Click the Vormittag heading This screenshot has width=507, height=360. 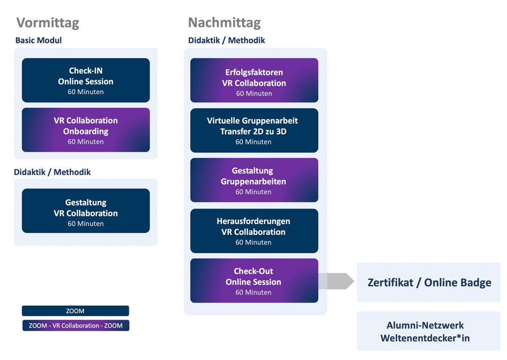(x=48, y=23)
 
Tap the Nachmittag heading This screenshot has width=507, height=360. (x=225, y=23)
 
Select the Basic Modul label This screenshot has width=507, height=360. (x=39, y=41)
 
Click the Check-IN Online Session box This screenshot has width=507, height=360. (x=86, y=80)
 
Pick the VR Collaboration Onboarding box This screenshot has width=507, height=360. (x=86, y=130)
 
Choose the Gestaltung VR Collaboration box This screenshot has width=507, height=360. (x=86, y=211)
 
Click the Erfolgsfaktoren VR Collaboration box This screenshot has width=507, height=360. (x=254, y=80)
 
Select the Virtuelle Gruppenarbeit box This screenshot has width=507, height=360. (x=254, y=130)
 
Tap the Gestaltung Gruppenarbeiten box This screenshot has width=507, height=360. (x=254, y=180)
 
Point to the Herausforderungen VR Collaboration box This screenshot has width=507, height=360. (x=254, y=231)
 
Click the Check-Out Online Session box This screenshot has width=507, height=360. (x=254, y=281)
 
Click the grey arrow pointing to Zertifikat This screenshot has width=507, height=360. (x=336, y=281)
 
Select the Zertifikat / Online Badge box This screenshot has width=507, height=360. (x=428, y=282)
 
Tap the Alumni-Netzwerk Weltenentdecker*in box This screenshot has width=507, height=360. (x=428, y=331)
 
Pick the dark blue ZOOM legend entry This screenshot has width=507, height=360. (x=76, y=311)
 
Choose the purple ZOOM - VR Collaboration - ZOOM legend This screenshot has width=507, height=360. (x=76, y=326)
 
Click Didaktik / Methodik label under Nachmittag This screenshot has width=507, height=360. (x=226, y=41)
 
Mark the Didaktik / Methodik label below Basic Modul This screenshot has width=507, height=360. (x=52, y=172)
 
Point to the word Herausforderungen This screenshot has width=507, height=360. (x=253, y=221)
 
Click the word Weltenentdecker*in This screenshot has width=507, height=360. (x=425, y=338)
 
